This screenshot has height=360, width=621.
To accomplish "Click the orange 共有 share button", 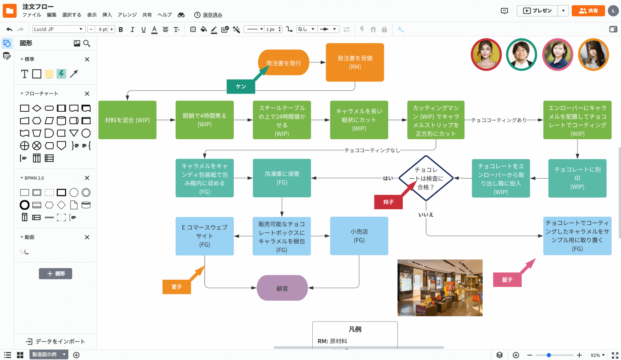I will [588, 11].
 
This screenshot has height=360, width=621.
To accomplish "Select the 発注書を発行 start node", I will [283, 63].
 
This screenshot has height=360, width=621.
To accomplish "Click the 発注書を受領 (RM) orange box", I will [355, 63].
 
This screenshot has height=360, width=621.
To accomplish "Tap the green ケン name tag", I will [241, 87].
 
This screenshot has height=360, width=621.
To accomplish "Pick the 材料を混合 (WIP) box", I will [127, 120].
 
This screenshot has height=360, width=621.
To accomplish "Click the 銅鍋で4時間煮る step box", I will [204, 120].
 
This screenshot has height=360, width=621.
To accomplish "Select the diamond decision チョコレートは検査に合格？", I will [426, 178].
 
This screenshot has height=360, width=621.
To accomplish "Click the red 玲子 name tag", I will [389, 202].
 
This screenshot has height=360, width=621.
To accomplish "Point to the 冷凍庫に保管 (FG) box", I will [282, 178].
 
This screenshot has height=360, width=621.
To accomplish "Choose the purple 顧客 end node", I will [283, 289].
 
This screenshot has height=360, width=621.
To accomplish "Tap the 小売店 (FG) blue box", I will [359, 236].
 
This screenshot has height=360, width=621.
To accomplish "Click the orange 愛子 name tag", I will [177, 287].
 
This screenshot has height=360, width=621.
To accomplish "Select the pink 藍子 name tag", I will [507, 280].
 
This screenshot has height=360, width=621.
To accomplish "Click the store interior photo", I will [440, 288].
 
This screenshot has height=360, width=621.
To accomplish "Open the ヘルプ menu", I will [165, 15].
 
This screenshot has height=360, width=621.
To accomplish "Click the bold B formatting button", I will [121, 29].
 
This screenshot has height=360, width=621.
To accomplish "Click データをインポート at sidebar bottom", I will [55, 341].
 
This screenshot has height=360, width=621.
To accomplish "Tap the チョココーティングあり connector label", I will [499, 120].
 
